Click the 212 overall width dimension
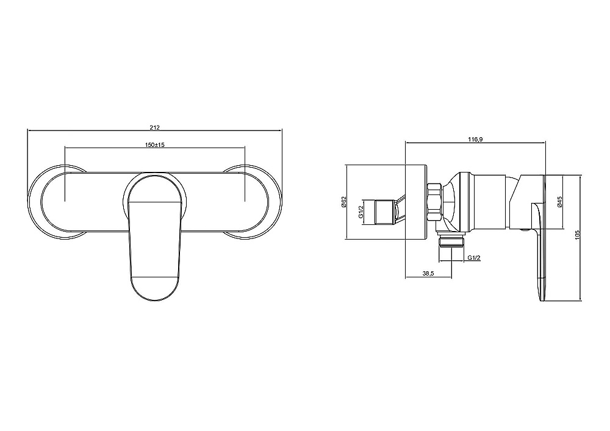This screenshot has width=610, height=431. [155, 127]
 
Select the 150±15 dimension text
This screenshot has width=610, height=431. [155, 144]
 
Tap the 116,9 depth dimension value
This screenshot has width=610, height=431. [475, 139]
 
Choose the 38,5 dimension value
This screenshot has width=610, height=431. [428, 274]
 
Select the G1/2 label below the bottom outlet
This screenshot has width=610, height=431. [474, 258]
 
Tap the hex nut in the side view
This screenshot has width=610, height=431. [434, 202]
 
